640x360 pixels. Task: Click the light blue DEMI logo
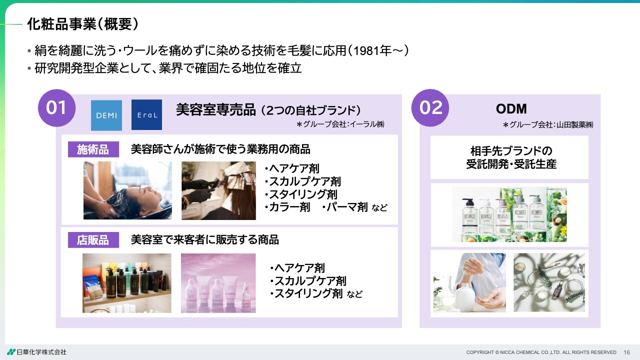click(106, 115)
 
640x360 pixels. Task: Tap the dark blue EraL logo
click(146, 115)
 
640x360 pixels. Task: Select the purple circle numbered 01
click(56, 108)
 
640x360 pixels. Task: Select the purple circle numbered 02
click(430, 108)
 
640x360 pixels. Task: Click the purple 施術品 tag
click(93, 149)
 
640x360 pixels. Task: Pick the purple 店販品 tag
click(93, 240)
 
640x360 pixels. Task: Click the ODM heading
click(511, 109)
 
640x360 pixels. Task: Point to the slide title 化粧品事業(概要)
click(83, 24)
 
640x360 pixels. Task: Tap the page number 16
click(626, 352)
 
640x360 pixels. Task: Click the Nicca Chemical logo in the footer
click(36, 352)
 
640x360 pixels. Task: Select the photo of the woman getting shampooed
click(127, 190)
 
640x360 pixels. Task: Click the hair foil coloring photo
click(218, 190)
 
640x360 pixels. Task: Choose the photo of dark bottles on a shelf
click(127, 283)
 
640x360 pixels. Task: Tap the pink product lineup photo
click(218, 283)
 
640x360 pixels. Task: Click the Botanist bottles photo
click(509, 214)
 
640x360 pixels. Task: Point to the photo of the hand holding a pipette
click(469, 282)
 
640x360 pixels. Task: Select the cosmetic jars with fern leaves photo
click(549, 282)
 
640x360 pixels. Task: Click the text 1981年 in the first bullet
click(372, 51)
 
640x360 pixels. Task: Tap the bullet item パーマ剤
click(345, 207)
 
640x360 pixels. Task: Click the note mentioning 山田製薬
click(548, 125)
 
